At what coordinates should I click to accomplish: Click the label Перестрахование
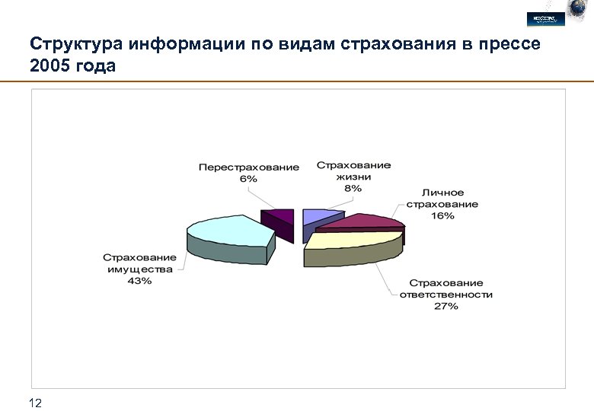tap(249, 167)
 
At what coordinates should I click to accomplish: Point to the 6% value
tap(248, 179)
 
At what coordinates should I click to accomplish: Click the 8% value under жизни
tap(353, 188)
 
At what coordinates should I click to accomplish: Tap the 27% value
tap(446, 306)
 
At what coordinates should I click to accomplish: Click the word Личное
tap(442, 193)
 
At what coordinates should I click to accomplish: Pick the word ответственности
tap(446, 295)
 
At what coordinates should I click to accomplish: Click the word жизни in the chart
tap(353, 177)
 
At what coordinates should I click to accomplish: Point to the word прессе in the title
tap(509, 43)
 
